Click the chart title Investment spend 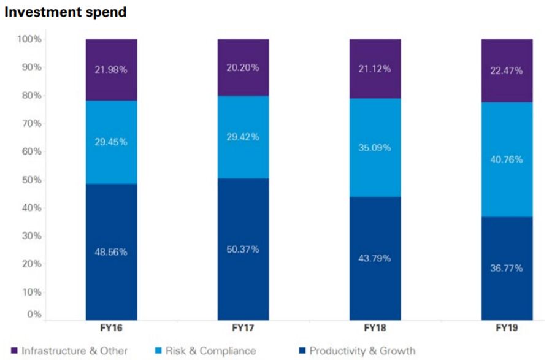coord(65,12)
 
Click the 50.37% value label coord(243,249)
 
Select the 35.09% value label coord(375,147)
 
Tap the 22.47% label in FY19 coord(507,71)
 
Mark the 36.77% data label coord(507,267)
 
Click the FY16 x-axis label coord(111,329)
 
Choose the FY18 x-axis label coord(375,329)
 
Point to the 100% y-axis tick coord(29,39)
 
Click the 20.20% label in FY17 coord(243,67)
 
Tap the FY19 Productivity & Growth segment coord(507,288)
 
